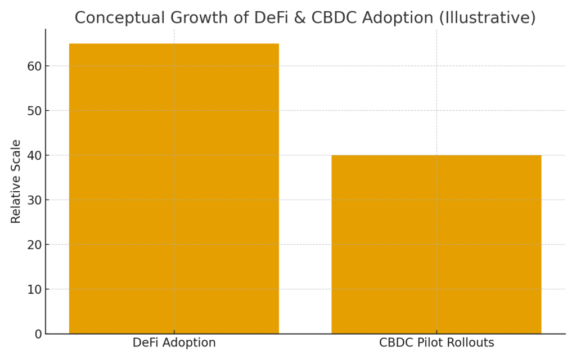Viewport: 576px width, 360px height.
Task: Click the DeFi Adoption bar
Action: tap(174, 188)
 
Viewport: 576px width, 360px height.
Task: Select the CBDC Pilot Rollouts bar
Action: tap(436, 244)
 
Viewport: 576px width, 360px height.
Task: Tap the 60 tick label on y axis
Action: tap(34, 66)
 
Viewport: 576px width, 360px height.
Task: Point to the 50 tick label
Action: tap(34, 111)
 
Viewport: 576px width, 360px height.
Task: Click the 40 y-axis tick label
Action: tap(34, 155)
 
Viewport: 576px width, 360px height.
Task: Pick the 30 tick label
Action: tap(34, 200)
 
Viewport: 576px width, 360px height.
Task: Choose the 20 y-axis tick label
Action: tap(34, 245)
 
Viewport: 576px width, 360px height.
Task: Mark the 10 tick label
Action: tap(34, 289)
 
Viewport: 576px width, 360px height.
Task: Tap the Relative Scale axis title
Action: tap(16, 181)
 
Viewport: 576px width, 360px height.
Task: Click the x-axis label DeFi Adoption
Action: tap(174, 343)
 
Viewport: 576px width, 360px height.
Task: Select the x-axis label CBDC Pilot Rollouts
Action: tap(436, 343)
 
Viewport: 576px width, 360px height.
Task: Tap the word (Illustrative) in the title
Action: tap(488, 18)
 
